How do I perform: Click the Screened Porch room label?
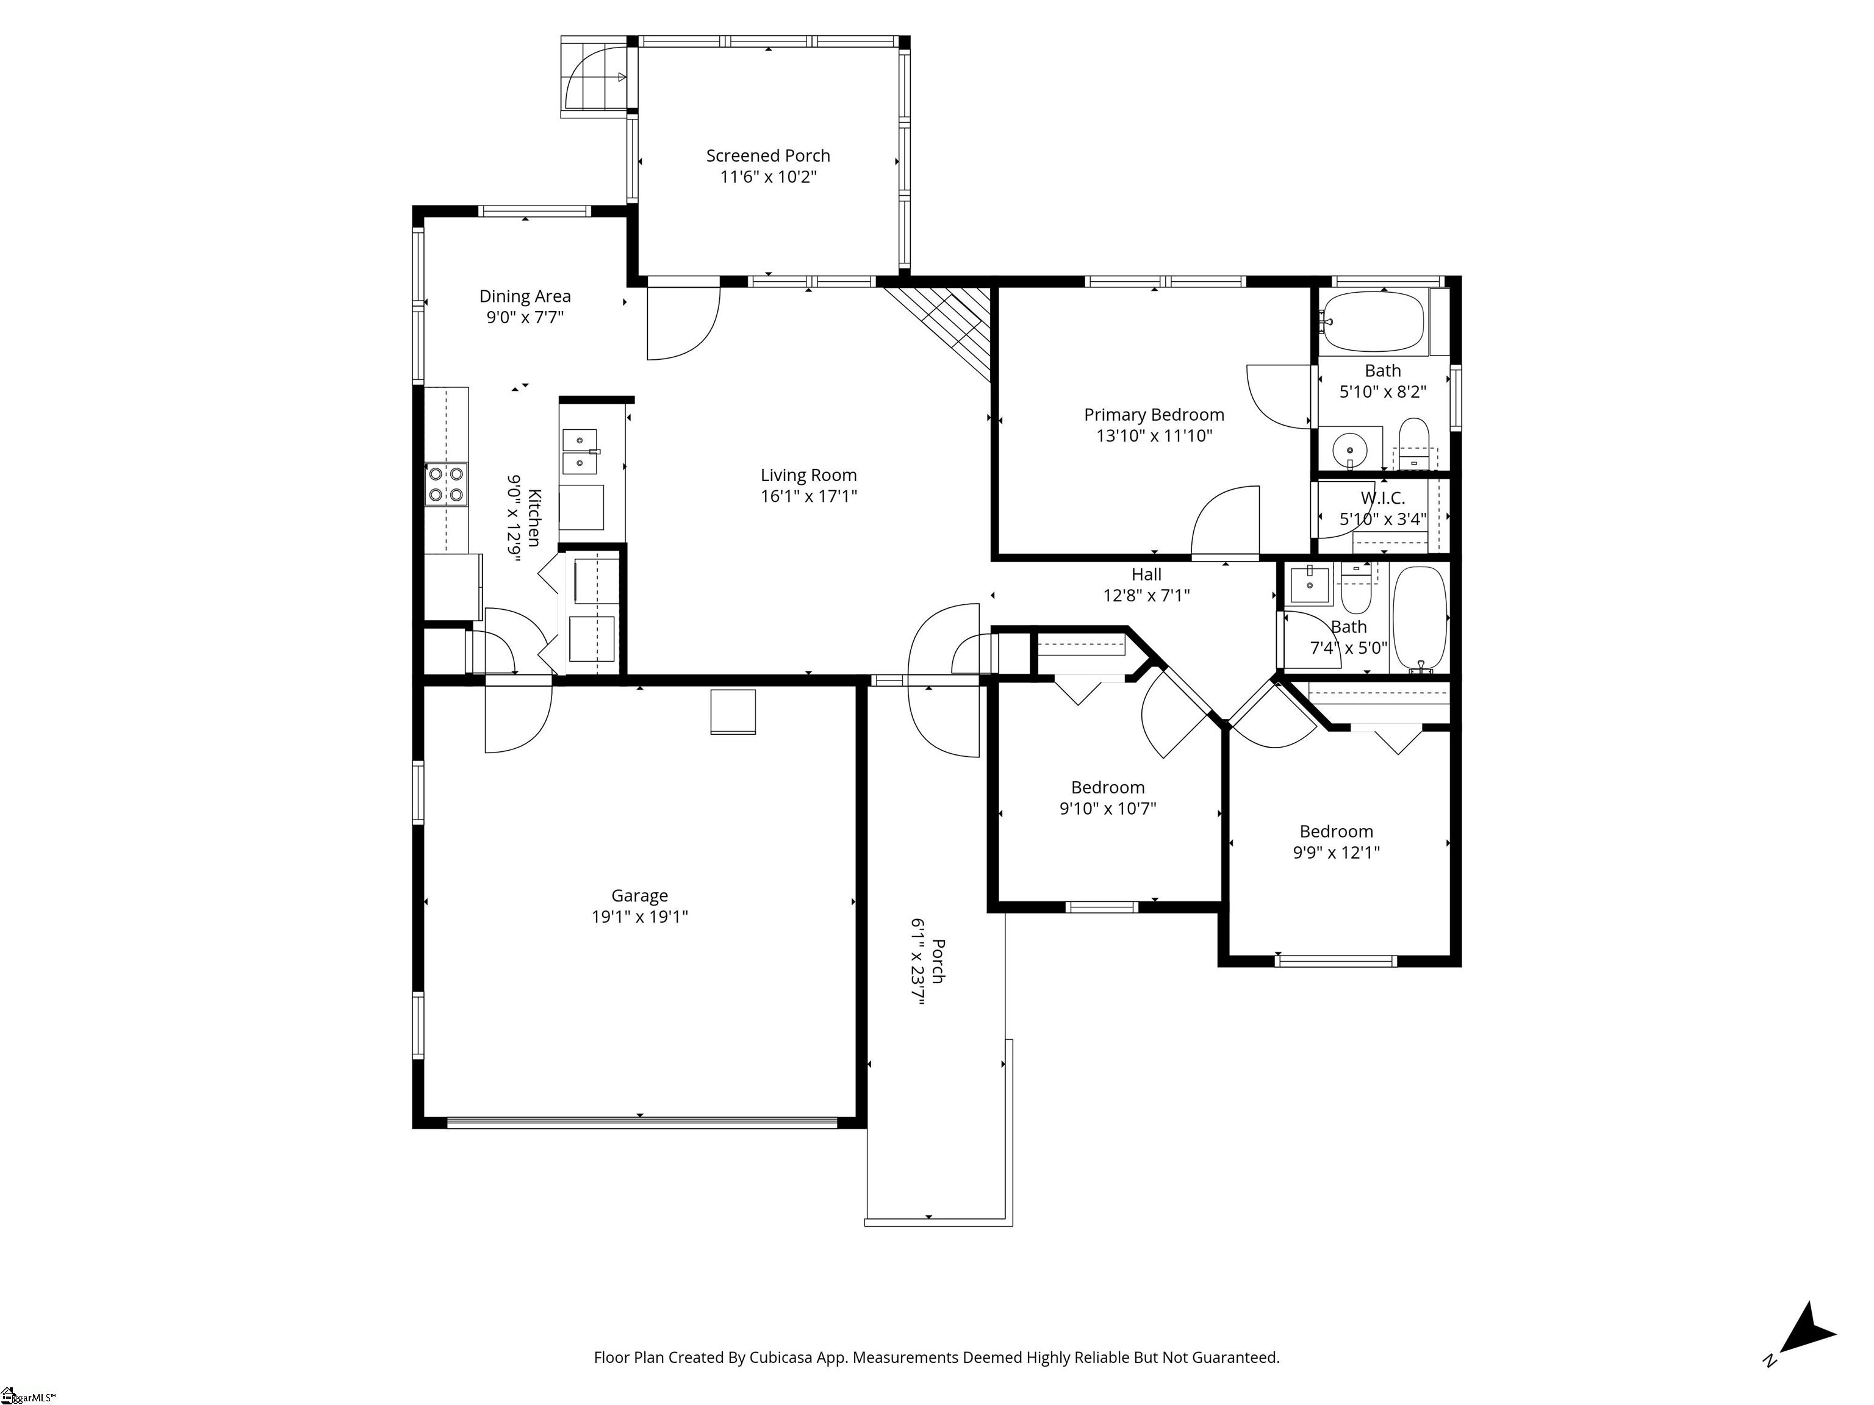point(767,156)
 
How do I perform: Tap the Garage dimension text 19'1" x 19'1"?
point(640,917)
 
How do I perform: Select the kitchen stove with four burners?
point(447,484)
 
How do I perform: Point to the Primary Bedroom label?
point(1154,415)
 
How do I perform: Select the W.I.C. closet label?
point(1383,498)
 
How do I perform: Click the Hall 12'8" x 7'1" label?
point(1146,584)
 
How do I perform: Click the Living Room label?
point(808,476)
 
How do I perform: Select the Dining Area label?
point(525,296)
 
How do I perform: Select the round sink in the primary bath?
point(1348,449)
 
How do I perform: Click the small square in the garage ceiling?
point(732,712)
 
